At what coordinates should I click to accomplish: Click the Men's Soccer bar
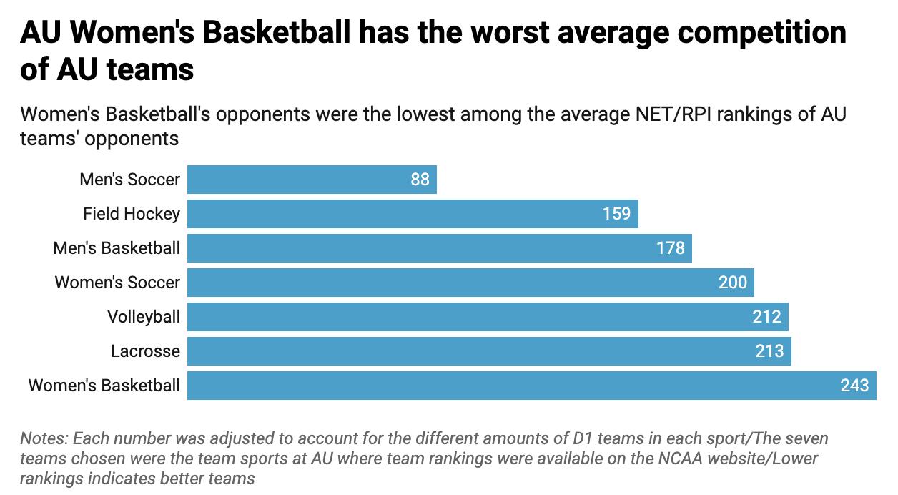312,180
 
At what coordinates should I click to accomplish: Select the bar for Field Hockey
413,214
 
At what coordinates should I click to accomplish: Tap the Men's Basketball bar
439,248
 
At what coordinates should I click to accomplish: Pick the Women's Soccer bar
470,283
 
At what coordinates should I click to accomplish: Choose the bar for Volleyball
488,317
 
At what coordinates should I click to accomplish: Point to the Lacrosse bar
489,351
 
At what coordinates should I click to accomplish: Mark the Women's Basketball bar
531,386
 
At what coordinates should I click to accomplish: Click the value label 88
420,180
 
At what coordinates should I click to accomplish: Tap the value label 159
616,214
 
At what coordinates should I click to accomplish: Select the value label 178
670,248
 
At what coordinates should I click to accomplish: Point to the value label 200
732,283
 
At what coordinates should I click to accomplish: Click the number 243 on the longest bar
854,386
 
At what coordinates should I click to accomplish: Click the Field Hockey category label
132,214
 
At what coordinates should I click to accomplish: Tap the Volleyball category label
144,317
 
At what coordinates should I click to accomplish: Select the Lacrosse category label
145,351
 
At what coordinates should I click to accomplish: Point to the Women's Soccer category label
117,283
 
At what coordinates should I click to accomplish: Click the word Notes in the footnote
44,438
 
